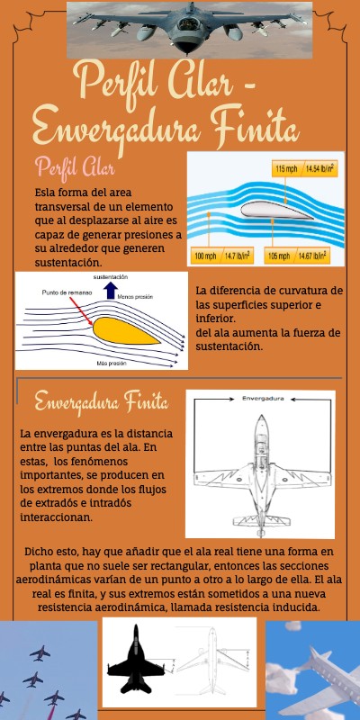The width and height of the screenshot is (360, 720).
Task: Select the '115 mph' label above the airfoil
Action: [285, 168]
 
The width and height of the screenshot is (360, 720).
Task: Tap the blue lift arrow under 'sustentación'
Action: [110, 291]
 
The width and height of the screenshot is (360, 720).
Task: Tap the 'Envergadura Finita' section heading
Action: [100, 400]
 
